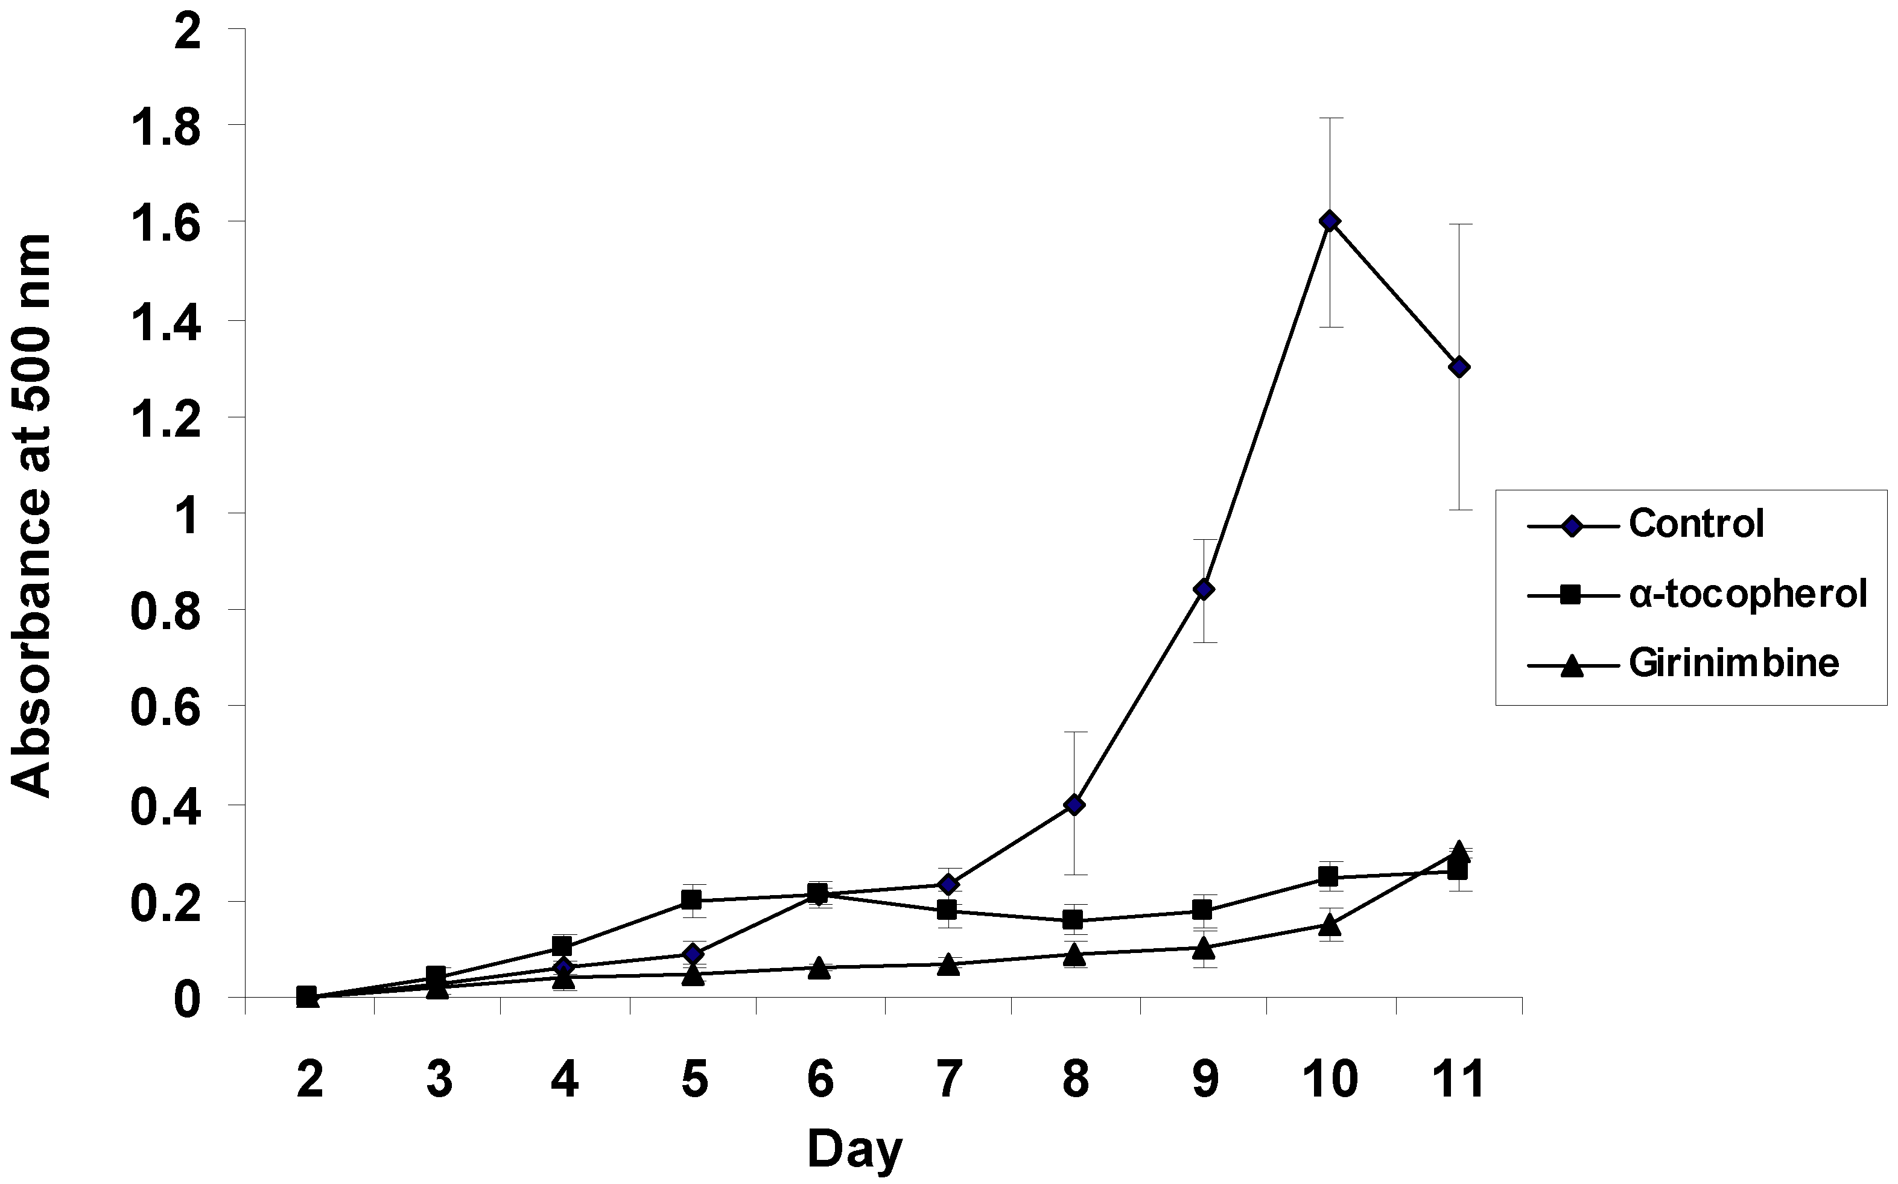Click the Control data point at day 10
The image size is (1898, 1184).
pyautogui.click(x=1328, y=221)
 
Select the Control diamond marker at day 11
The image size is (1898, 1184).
pyautogui.click(x=1459, y=367)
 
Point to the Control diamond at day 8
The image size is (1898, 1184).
pyautogui.click(x=1075, y=805)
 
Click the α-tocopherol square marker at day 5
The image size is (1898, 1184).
pyautogui.click(x=691, y=900)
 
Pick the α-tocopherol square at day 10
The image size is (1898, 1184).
pyautogui.click(x=1328, y=876)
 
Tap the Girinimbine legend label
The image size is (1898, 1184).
pyautogui.click(x=1733, y=664)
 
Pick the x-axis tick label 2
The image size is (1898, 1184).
pyautogui.click(x=310, y=1081)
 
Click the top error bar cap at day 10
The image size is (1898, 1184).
pyautogui.click(x=1330, y=118)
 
